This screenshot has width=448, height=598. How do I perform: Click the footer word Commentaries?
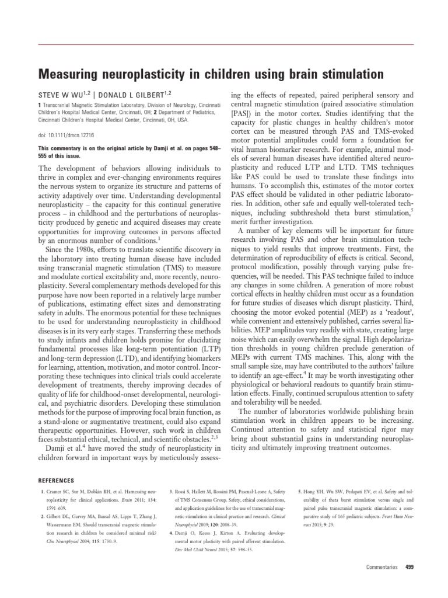click(x=381, y=566)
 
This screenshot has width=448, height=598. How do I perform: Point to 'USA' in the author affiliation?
click(x=181, y=119)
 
